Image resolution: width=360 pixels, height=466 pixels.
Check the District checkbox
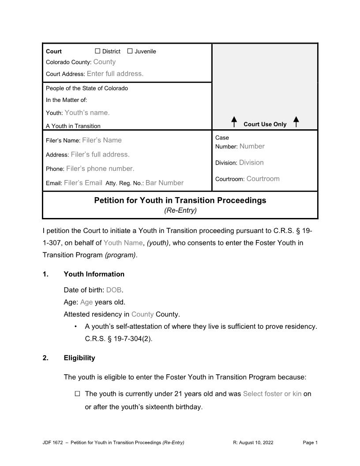(98, 51)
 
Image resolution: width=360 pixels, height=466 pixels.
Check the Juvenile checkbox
(130, 51)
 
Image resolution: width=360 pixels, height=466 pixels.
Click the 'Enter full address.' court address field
(115, 74)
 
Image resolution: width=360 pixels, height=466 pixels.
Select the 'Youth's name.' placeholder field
(87, 113)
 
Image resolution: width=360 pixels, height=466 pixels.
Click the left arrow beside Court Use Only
(234, 121)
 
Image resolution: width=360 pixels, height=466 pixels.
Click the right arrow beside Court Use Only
(296, 121)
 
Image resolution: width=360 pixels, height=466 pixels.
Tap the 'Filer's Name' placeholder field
(101, 140)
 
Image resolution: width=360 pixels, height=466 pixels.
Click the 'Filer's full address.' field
(100, 154)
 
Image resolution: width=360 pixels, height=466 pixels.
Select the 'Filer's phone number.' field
(100, 169)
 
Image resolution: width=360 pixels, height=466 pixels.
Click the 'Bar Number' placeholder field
(164, 183)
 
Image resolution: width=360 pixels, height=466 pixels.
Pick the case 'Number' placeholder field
(252, 146)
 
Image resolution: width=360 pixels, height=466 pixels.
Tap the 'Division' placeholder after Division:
(251, 162)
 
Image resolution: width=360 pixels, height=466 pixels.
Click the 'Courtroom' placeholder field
(263, 179)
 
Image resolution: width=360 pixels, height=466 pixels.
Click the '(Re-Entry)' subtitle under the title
(180, 210)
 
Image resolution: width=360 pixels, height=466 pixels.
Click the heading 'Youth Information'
(94, 274)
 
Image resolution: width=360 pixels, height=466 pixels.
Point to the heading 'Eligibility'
(79, 358)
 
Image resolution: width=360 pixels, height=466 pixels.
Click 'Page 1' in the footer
(310, 443)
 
